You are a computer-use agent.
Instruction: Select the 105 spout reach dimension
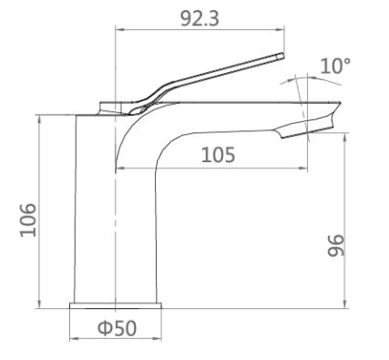tap(217, 155)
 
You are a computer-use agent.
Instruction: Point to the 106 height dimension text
tap(27, 220)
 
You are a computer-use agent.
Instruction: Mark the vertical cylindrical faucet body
tap(94, 210)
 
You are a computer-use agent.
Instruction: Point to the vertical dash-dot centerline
tap(116, 228)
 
